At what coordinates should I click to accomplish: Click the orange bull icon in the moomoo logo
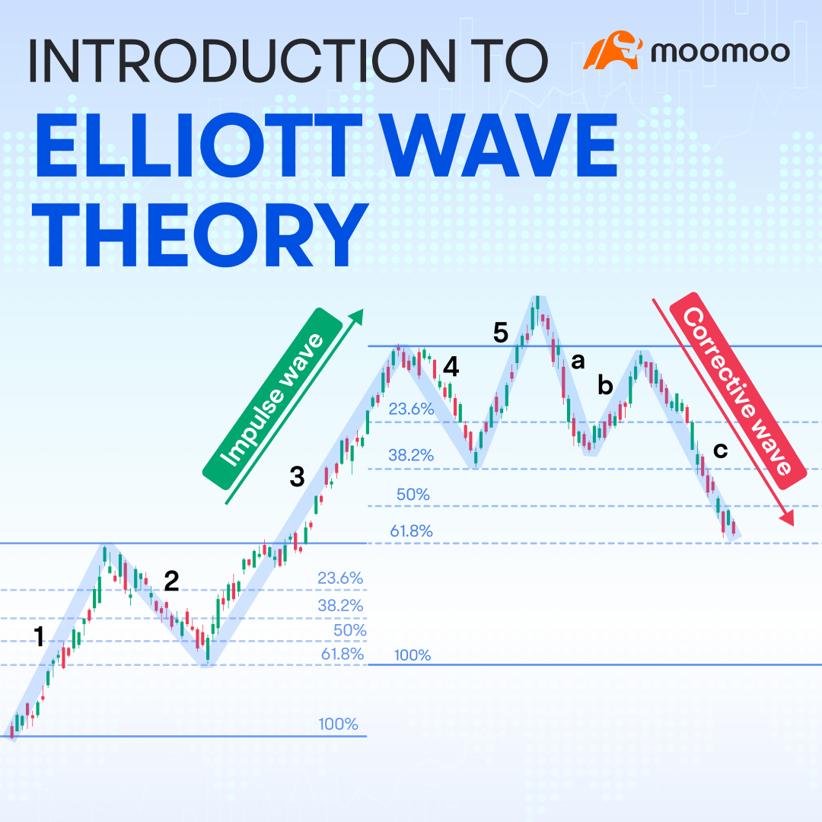pos(612,50)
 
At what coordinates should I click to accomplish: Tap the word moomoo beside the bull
pos(720,52)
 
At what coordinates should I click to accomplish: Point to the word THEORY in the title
pos(200,235)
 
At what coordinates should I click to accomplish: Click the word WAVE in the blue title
pos(498,145)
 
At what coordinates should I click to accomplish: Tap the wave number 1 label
pos(39,636)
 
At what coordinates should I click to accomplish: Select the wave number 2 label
pos(171,581)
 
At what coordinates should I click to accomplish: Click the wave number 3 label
pos(298,476)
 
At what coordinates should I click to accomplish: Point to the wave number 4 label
pos(451,367)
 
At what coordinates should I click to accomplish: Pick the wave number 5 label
pos(501,333)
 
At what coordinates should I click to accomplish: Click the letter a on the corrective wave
pos(578,361)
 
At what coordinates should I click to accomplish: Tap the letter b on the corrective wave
pos(606,385)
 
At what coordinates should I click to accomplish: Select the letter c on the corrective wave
pos(721,450)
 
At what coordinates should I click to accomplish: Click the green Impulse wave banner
pos(272,399)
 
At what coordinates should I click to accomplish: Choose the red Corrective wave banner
pos(738,391)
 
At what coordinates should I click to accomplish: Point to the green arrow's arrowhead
pos(356,316)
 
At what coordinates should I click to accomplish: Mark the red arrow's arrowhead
pos(788,518)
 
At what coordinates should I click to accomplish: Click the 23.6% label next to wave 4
pos(411,409)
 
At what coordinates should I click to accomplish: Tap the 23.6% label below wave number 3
pos(340,578)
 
